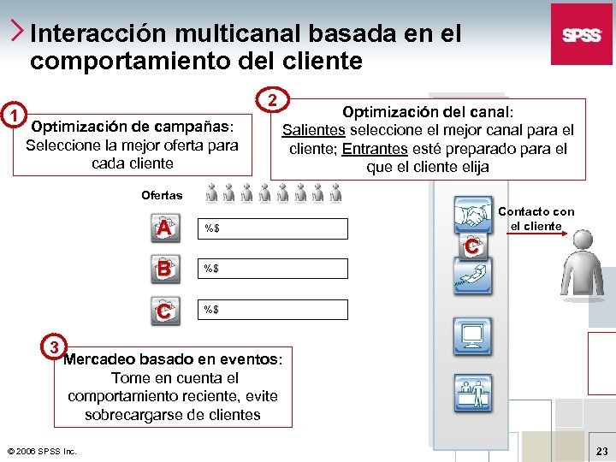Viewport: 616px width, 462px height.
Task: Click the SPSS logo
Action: point(581,34)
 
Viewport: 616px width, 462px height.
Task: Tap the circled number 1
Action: point(12,115)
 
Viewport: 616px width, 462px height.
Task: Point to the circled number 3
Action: point(53,346)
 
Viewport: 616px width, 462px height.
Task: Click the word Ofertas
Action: point(162,196)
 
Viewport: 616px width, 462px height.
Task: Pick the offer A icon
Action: point(164,228)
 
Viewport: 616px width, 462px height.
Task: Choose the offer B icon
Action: point(164,269)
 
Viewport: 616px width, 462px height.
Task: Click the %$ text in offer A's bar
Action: point(210,228)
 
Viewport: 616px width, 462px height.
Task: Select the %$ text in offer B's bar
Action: point(210,269)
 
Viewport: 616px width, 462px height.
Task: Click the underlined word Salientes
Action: point(314,131)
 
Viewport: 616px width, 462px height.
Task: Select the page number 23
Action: point(601,450)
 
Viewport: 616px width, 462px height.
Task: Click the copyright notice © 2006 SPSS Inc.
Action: point(41,450)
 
